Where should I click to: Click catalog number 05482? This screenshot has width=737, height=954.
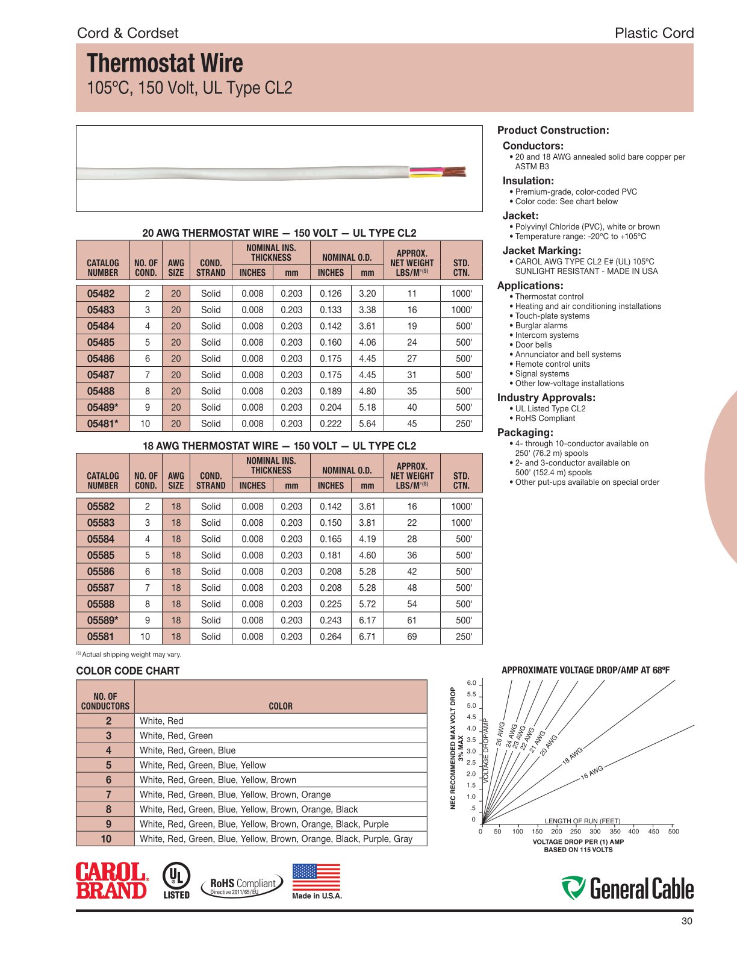tap(101, 294)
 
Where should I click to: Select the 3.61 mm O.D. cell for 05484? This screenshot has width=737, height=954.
tap(367, 326)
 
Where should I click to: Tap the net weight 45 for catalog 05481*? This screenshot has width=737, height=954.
tap(412, 424)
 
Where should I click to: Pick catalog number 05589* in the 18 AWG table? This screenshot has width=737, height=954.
tap(102, 620)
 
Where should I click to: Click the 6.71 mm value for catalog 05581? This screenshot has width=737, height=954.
tap(367, 637)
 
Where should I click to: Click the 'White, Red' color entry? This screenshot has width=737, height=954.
tap(161, 721)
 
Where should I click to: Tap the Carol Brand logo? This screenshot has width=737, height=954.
tap(111, 881)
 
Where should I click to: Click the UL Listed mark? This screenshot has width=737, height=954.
tap(176, 881)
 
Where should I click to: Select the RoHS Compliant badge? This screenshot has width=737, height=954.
tap(242, 885)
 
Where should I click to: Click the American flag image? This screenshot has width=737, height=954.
tap(316, 878)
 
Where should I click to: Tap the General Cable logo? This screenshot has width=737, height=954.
tap(627, 888)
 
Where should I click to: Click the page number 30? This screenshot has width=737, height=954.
tap(687, 921)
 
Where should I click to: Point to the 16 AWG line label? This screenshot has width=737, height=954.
tap(591, 772)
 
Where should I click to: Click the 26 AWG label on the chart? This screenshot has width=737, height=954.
tap(500, 734)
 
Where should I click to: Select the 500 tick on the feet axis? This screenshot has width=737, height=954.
tap(673, 832)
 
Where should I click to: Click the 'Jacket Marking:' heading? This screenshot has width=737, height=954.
tap(542, 251)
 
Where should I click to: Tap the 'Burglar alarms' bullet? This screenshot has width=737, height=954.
tap(541, 326)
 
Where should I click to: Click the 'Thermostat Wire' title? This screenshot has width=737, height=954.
tap(165, 64)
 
